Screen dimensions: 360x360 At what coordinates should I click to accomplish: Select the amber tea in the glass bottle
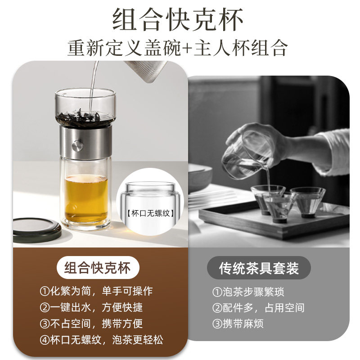[x=86, y=198]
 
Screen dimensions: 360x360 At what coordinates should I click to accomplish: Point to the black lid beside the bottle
[x=37, y=229]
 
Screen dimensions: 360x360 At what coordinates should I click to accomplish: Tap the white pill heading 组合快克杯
[x=97, y=269]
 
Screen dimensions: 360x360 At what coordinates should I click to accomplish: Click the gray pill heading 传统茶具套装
[x=259, y=269]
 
